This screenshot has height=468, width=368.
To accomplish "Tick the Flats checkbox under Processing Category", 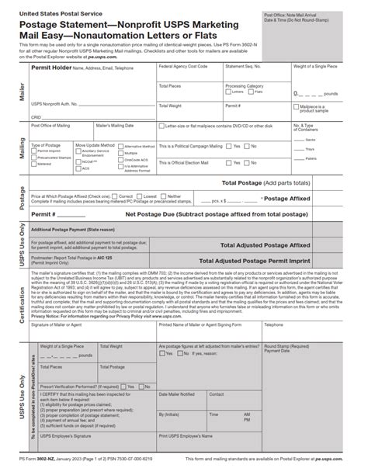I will (250, 92).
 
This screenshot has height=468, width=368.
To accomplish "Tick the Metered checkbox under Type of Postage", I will (34, 165).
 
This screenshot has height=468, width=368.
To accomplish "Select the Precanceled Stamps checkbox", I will (34, 158).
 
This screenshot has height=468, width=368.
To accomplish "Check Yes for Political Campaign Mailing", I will (228, 146).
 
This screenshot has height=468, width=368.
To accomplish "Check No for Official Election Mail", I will (248, 163).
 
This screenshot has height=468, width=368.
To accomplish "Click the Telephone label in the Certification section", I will (275, 324).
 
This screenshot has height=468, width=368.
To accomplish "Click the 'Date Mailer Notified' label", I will (178, 394).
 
